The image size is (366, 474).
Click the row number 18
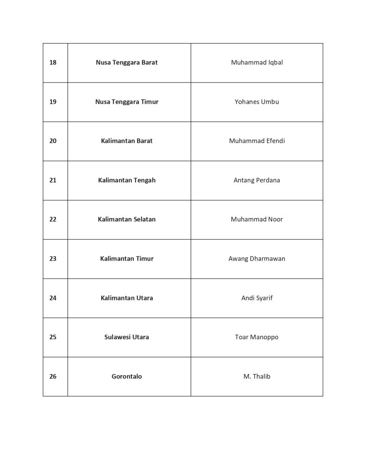tap(53, 62)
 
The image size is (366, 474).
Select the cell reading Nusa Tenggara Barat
tap(127, 62)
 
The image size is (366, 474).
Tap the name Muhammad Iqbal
tap(257, 62)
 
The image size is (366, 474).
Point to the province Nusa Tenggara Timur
tap(127, 102)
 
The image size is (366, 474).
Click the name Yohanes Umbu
tap(257, 102)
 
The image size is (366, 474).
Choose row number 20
tap(53, 141)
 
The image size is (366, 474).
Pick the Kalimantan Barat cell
tap(127, 141)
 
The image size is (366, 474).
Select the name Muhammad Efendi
tap(257, 141)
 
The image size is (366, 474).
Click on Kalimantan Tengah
tap(127, 180)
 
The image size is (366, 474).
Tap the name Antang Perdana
tap(257, 180)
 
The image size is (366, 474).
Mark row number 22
tap(53, 219)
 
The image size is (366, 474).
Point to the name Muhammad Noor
tap(257, 219)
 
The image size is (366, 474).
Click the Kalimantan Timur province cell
tap(127, 259)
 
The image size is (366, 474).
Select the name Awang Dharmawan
tap(257, 259)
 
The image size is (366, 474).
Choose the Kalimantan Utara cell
tap(127, 298)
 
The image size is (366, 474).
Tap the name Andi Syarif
tap(257, 298)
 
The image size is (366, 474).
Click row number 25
tap(53, 337)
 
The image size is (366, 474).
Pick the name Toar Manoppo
tap(257, 337)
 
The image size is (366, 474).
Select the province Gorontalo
tap(127, 376)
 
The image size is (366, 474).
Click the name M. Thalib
tap(257, 376)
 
